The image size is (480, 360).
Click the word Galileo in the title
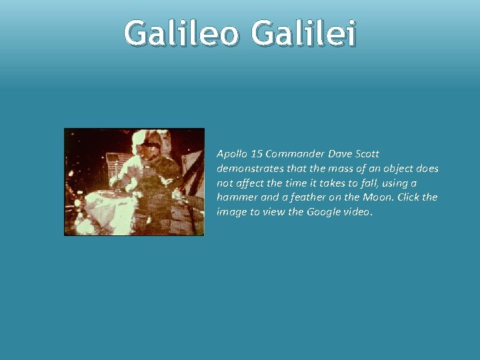coord(181,34)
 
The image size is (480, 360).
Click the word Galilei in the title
coord(304,34)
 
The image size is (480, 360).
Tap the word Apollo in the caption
coord(231,154)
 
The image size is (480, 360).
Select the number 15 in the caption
coord(255,154)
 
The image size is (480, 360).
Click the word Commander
coord(293,154)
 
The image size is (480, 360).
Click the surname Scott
coord(367,154)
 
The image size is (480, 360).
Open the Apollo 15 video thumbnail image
coord(134,182)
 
